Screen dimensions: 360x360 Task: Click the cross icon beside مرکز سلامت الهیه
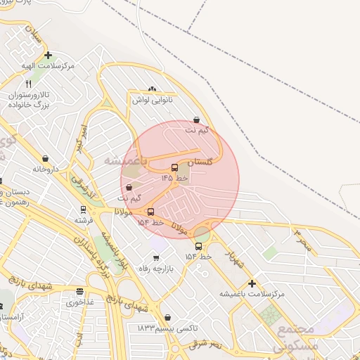click(x=48, y=55)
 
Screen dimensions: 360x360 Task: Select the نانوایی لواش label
click(x=152, y=100)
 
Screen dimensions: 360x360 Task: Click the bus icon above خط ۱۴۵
click(x=175, y=167)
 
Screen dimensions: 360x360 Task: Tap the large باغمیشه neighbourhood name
click(x=126, y=161)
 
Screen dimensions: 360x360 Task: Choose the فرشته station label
click(x=84, y=220)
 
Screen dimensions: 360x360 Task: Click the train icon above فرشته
click(x=83, y=210)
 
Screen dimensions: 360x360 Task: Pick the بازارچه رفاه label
click(x=155, y=268)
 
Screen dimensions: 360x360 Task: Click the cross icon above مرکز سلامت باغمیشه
click(x=252, y=283)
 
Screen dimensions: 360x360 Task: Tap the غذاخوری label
click(x=79, y=303)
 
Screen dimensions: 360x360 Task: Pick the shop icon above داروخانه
click(x=46, y=159)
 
